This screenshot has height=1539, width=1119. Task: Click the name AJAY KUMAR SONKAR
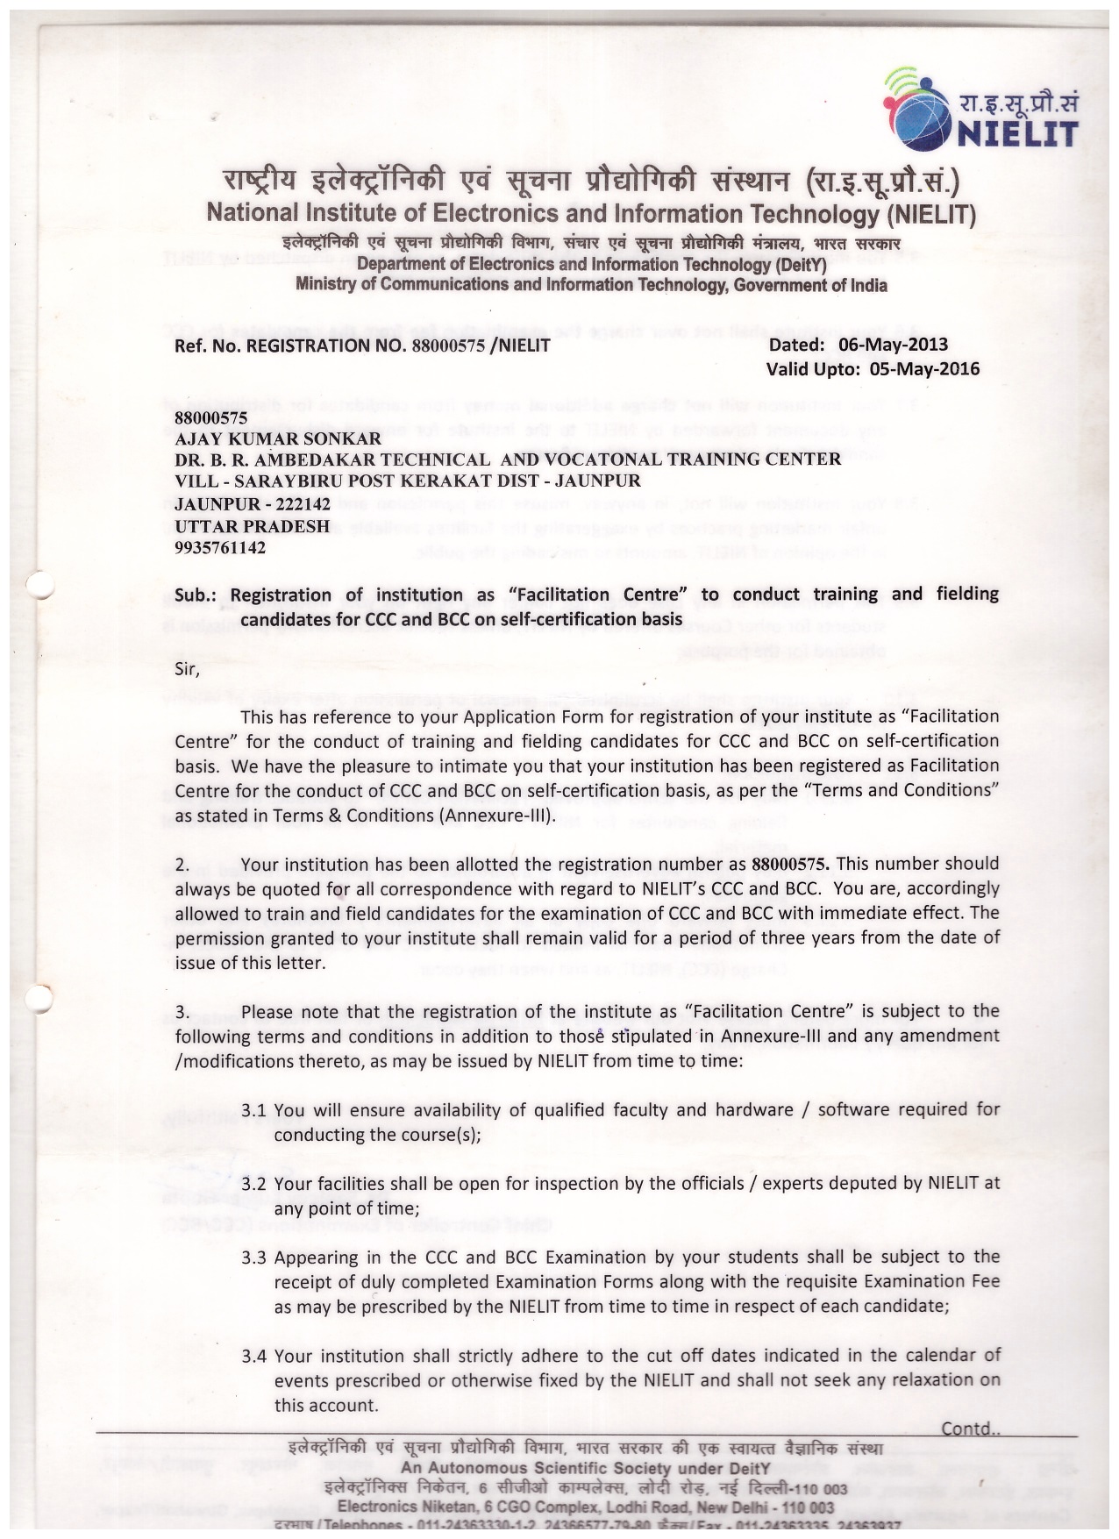[x=278, y=438]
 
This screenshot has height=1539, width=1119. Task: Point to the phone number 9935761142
[x=220, y=548]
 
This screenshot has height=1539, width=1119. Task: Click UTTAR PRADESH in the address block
[x=253, y=526]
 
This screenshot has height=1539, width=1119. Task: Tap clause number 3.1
[x=253, y=1110]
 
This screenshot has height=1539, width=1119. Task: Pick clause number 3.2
[x=253, y=1184]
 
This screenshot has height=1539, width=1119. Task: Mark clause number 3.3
[x=253, y=1258]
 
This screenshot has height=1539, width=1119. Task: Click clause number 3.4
[x=253, y=1356]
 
